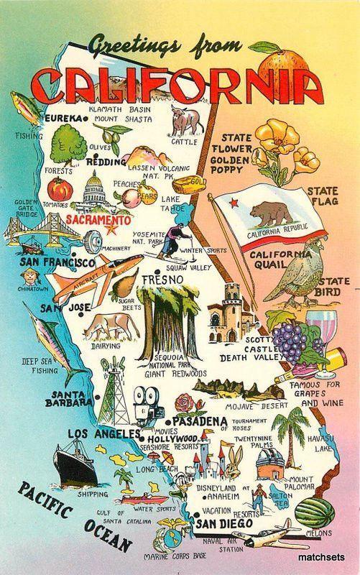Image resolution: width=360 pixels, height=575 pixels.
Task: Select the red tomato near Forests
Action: click(x=58, y=189)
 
